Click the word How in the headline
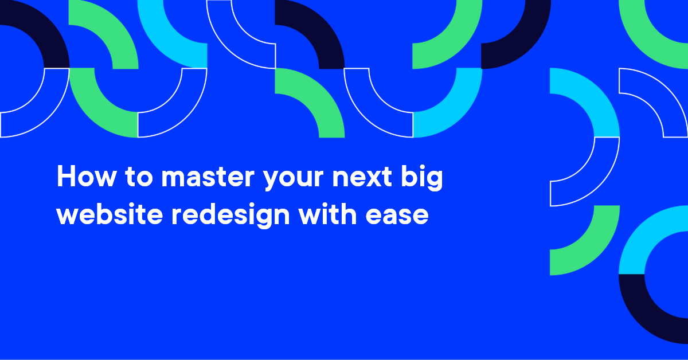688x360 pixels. tap(87, 177)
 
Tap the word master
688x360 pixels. tap(208, 177)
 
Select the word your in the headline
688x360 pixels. tap(294, 179)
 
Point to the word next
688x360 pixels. tap(362, 177)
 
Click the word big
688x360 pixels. tap(422, 178)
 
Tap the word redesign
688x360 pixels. tap(230, 215)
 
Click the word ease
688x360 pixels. tap(397, 215)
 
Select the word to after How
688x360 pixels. tap(139, 177)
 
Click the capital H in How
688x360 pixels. tap(67, 176)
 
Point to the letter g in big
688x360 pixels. tap(433, 181)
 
